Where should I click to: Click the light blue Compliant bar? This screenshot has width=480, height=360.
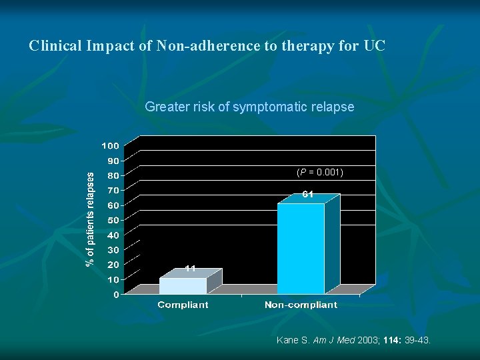point(183,285)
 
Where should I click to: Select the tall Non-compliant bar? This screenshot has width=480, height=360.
point(301,248)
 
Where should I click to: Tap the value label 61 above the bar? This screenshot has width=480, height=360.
point(308,195)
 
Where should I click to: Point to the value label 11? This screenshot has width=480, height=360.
point(190,269)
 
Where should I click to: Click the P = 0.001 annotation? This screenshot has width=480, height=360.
point(320,172)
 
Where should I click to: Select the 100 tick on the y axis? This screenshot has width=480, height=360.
point(110,145)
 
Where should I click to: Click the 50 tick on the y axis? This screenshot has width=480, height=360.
point(113,220)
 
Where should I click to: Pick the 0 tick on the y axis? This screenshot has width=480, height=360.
point(116,295)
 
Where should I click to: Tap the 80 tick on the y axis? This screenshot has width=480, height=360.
point(113,175)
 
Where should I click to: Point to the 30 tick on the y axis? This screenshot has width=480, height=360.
point(113,250)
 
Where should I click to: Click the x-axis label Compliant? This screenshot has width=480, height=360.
point(183,305)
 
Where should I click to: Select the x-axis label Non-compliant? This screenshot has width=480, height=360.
point(301,305)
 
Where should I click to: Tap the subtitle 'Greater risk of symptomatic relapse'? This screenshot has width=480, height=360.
point(249,107)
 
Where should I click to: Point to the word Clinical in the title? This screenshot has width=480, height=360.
point(55,47)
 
